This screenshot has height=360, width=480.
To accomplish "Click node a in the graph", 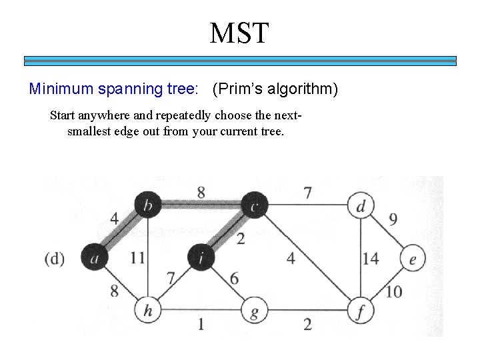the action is click(94, 257).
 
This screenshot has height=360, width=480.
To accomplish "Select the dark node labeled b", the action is click(147, 205).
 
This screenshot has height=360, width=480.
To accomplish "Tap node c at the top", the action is click(253, 205).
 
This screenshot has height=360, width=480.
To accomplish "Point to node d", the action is click(361, 205).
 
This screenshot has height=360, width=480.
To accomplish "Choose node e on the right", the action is click(413, 258).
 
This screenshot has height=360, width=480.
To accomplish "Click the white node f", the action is click(361, 311).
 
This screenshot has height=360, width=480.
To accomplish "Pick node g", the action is click(253, 311).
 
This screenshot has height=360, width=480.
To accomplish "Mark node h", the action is click(147, 311).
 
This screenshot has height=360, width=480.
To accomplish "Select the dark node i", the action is click(201, 257).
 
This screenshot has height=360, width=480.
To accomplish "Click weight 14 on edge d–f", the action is click(371, 258).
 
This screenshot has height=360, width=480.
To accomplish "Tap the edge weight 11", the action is click(138, 258).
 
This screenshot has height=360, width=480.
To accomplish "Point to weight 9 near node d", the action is click(393, 219).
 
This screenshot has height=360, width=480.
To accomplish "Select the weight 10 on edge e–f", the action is click(393, 291).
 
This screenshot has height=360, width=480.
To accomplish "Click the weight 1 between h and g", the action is click(201, 324).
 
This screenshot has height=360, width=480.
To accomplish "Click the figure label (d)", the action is click(54, 258).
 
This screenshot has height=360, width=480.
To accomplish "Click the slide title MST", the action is click(239, 33).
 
